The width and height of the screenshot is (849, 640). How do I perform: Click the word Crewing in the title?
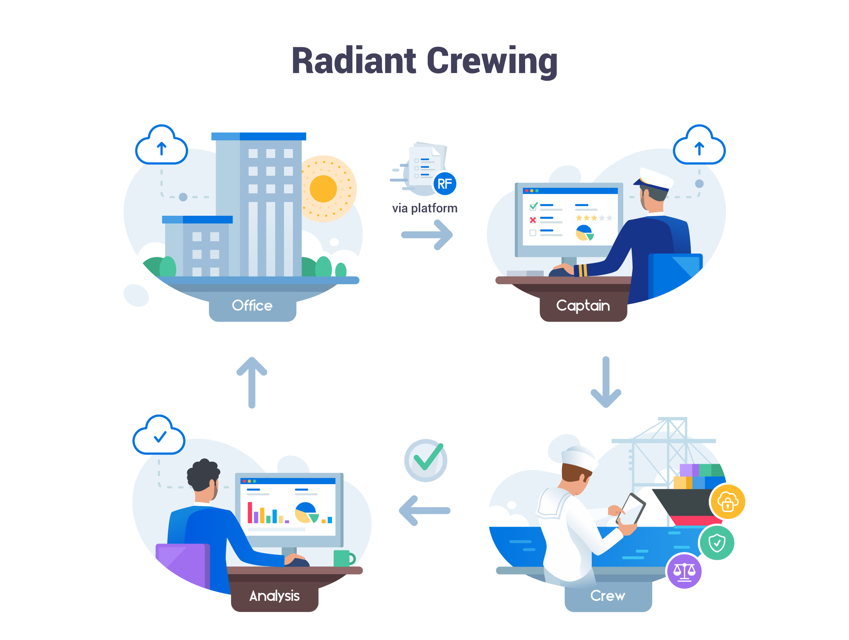(x=492, y=62)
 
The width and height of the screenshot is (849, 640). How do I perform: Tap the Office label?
(x=252, y=306)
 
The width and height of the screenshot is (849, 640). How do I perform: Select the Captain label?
(x=583, y=306)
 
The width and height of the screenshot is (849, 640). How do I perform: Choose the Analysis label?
(x=274, y=596)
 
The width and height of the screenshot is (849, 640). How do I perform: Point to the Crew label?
(x=607, y=596)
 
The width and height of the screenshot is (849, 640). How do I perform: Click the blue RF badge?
(x=444, y=184)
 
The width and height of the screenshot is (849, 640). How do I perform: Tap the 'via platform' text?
(x=424, y=208)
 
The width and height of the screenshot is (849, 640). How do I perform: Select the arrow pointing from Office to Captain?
(x=427, y=235)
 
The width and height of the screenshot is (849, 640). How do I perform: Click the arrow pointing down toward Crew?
(x=606, y=382)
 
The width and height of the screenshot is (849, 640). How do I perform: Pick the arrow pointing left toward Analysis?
(x=424, y=510)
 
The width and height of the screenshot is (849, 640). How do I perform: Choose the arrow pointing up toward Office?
(x=252, y=382)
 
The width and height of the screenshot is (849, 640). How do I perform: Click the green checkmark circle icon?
(x=426, y=460)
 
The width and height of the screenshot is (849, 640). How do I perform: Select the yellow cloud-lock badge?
(x=728, y=502)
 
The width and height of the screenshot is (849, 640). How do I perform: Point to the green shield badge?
(x=717, y=543)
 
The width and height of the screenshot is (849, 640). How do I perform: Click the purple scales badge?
(x=684, y=571)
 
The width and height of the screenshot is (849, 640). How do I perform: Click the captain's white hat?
(x=654, y=178)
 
